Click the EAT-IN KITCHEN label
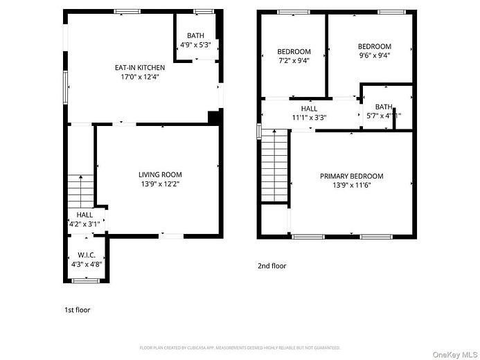point(140,68)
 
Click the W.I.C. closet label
point(87,254)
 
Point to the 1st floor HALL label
point(85,215)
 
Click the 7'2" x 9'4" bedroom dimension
point(294,61)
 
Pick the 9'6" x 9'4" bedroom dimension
point(374,56)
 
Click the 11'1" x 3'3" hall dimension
point(309,118)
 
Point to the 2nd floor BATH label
point(383,107)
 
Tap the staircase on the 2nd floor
point(274,166)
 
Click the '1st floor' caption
point(77,309)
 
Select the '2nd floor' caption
point(272,266)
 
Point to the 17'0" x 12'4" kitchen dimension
point(140,78)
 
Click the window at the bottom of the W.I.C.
point(87,280)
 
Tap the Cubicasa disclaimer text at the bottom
point(240,348)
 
